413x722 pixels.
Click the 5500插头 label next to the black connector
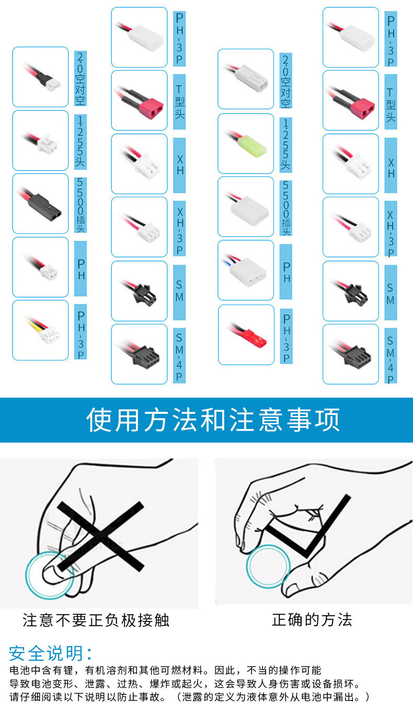[80, 205]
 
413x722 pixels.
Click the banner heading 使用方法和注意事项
[213, 420]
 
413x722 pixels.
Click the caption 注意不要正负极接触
[96, 621]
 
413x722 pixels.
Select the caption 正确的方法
[312, 620]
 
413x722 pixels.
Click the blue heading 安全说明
[51, 653]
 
